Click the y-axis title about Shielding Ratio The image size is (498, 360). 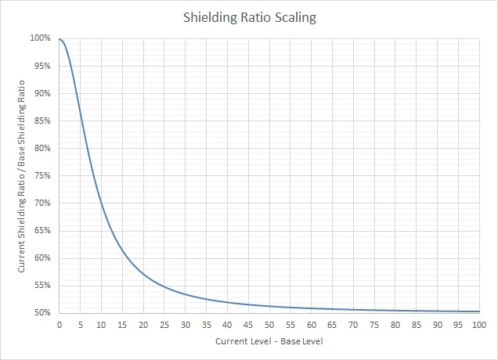point(22,175)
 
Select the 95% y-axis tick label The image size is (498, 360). point(43,66)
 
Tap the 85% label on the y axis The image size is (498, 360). point(43,121)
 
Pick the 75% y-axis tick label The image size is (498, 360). point(43,175)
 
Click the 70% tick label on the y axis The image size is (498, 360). point(43,203)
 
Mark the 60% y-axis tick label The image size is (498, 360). point(43,258)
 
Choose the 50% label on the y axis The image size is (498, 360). point(43,313)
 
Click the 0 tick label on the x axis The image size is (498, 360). point(59,324)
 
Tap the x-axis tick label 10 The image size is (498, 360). point(101,324)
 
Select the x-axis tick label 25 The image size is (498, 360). point(164,324)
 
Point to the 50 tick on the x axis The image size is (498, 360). point(269,324)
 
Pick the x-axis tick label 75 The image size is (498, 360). point(373,324)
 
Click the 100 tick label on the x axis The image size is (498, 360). point(478,324)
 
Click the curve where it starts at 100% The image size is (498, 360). point(60,39)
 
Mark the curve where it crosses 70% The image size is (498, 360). point(101,203)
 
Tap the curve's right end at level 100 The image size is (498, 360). point(478,311)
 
